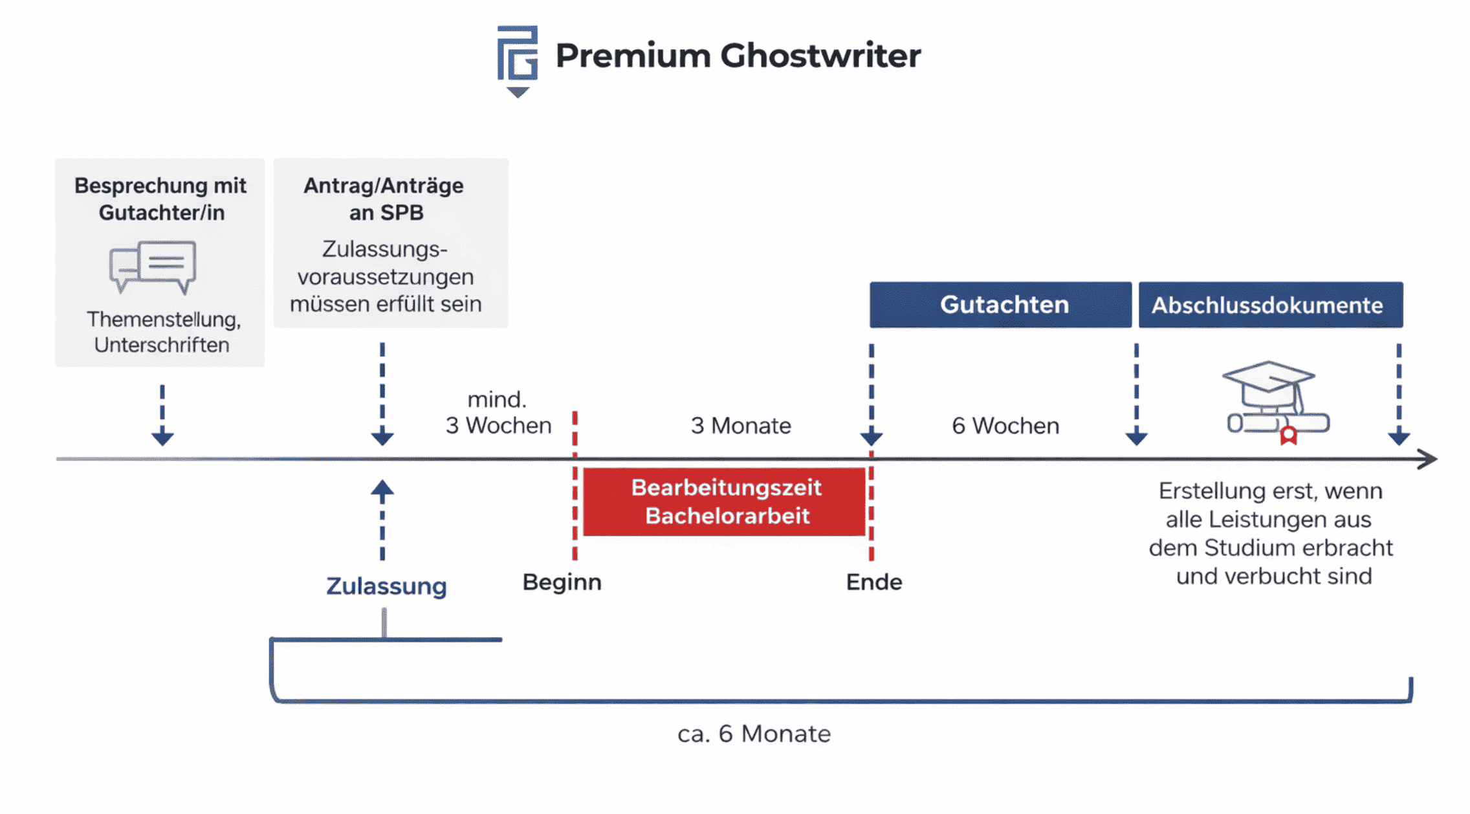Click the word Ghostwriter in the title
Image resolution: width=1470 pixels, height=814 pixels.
click(x=820, y=56)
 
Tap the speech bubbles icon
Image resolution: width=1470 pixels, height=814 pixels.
click(x=153, y=267)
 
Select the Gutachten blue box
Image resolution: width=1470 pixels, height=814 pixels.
click(x=1000, y=305)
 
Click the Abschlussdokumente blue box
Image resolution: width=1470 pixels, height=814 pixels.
click(x=1270, y=305)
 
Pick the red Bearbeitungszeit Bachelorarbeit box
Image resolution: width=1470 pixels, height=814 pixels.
click(x=725, y=502)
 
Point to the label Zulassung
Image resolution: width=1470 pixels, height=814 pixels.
click(x=386, y=586)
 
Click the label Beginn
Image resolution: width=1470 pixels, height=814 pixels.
click(x=562, y=582)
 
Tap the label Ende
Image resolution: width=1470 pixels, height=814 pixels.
click(x=873, y=582)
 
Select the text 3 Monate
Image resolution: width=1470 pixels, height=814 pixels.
click(x=741, y=426)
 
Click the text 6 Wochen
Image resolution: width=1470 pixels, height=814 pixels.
click(x=1005, y=426)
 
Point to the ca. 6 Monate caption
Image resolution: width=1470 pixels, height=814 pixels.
click(x=754, y=734)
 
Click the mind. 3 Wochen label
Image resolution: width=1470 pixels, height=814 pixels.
click(x=498, y=413)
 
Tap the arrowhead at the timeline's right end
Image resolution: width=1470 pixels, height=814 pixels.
click(x=1427, y=459)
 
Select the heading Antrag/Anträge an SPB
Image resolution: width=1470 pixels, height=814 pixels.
click(x=384, y=199)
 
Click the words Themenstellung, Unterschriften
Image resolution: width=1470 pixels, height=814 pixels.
click(x=162, y=332)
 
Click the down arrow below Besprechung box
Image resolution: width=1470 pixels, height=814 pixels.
click(x=162, y=436)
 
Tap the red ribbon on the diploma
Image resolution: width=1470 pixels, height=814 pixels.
click(x=1288, y=436)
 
